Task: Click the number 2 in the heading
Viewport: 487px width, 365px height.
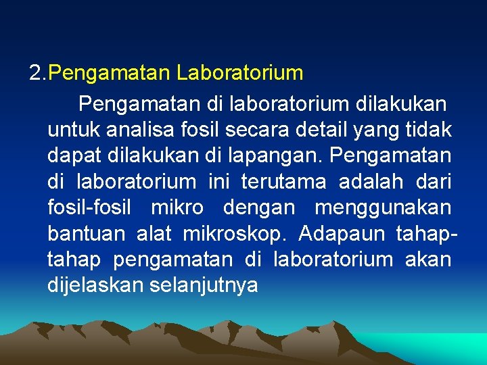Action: [35, 72]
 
